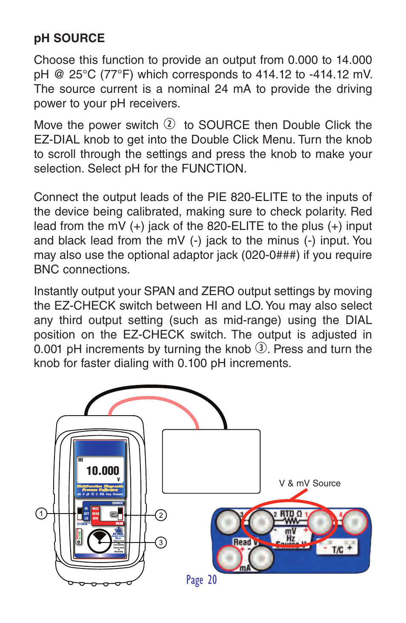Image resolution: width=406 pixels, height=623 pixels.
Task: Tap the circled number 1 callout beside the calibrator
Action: point(41,514)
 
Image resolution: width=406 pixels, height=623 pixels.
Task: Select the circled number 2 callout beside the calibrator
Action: point(161,515)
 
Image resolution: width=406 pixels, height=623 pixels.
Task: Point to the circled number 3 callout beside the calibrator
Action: point(161,543)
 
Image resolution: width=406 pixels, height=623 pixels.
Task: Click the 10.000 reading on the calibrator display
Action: point(103,471)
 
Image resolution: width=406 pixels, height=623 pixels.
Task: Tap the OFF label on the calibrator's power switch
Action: point(113,514)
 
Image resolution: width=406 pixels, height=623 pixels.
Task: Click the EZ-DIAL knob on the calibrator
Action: point(99,541)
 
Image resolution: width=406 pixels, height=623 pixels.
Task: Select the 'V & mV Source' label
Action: point(310,483)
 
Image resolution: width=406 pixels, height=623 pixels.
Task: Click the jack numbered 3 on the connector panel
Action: point(229,522)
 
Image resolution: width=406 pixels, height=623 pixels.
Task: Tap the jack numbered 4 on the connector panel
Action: point(354,522)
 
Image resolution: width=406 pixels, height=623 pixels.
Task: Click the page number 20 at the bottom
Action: point(212,580)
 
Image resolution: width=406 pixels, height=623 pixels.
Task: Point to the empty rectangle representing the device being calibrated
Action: point(211,461)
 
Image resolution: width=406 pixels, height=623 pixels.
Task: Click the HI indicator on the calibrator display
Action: point(80,460)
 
